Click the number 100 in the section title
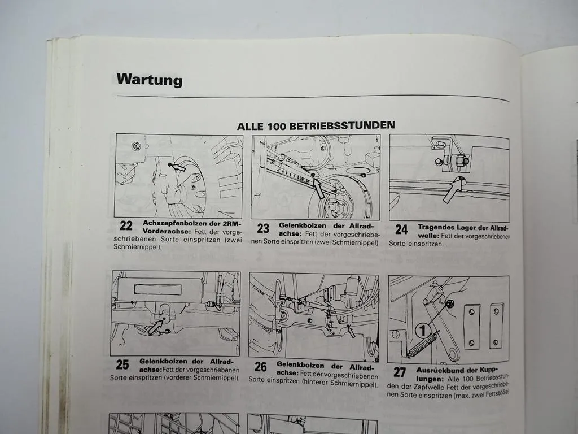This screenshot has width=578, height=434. point(275,126)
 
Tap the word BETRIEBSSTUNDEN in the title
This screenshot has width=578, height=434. point(342,125)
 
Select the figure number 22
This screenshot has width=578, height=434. point(126,225)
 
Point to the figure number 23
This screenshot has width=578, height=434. point(263,228)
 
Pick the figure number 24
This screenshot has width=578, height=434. point(401,229)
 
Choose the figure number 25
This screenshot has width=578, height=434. point(122,364)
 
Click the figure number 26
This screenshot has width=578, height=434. point(260,367)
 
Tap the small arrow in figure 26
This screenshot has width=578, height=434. point(351,331)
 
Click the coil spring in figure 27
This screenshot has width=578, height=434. point(423,344)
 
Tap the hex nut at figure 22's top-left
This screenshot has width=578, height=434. point(137,146)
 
